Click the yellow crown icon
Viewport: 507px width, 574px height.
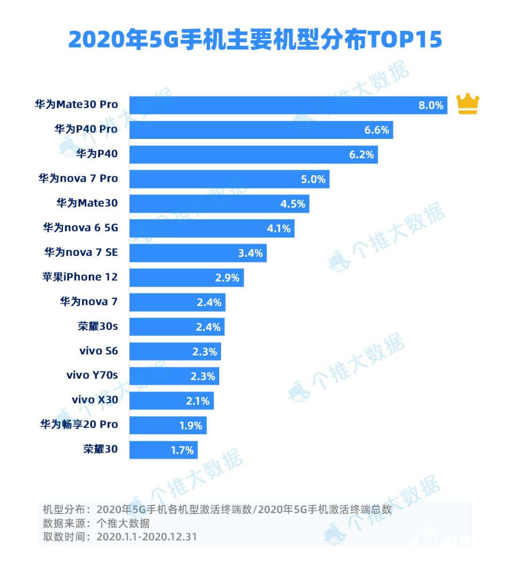[468, 104]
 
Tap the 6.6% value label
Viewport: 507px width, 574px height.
[376, 130]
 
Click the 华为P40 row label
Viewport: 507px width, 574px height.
[97, 154]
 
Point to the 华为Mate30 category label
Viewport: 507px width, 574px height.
[87, 203]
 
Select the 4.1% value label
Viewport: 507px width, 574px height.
[279, 229]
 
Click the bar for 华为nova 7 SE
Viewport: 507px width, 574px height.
[198, 253]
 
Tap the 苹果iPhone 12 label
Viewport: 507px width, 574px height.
[80, 277]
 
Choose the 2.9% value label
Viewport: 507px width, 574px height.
[227, 278]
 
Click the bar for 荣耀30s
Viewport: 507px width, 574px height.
[177, 327]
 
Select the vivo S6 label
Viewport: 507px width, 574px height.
[99, 351]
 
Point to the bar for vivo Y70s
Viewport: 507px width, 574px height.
[174, 376]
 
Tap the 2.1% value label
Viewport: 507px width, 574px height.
[198, 401]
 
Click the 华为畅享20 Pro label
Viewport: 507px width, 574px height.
[79, 425]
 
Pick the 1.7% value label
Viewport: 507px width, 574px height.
[182, 450]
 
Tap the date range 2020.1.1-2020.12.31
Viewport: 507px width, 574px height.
[146, 536]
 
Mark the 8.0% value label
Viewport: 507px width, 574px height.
[430, 106]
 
